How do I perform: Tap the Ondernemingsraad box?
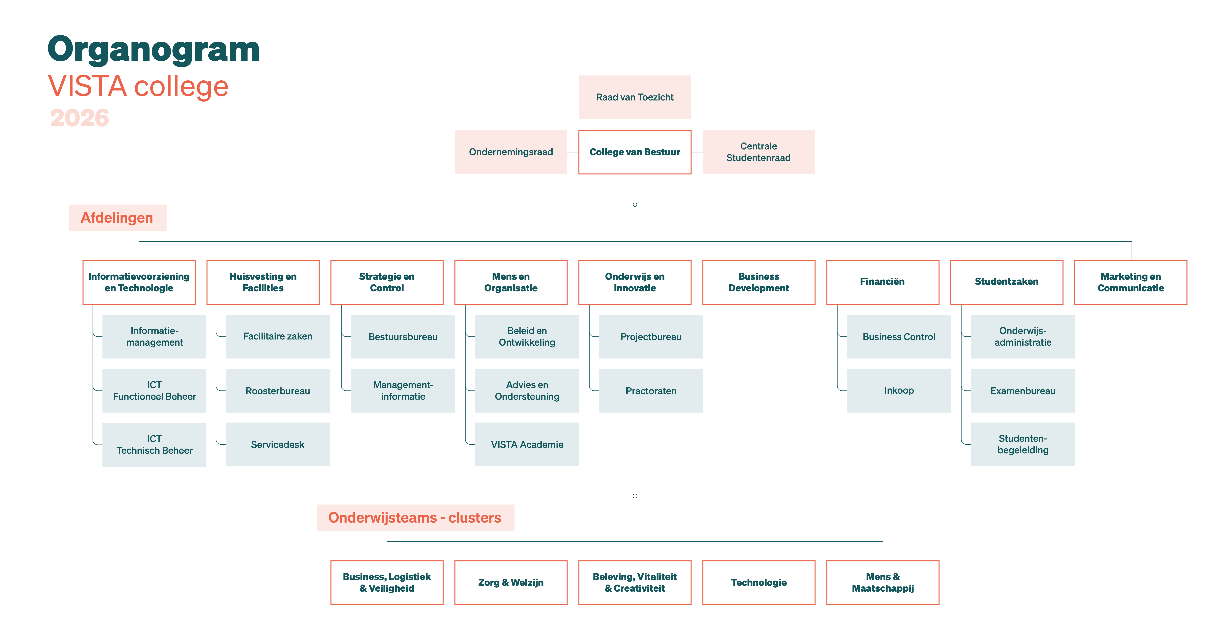(x=511, y=152)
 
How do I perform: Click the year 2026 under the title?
(x=79, y=118)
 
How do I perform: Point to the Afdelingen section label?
(x=117, y=218)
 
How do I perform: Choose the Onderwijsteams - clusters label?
(x=415, y=518)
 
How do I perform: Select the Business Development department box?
(x=759, y=282)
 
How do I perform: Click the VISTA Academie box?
(x=527, y=445)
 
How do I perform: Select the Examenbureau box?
(x=1022, y=391)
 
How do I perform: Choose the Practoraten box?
(x=651, y=391)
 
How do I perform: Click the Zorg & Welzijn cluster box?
(x=511, y=582)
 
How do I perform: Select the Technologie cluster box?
(x=759, y=582)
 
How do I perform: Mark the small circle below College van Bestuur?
(x=635, y=204)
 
